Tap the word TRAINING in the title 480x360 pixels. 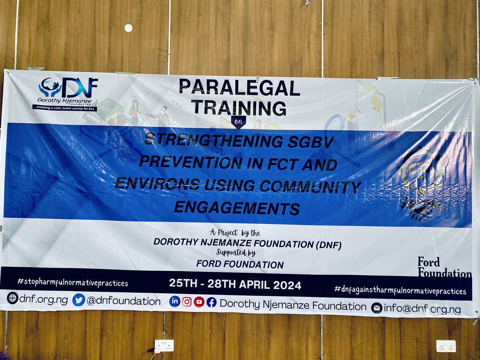[239, 108]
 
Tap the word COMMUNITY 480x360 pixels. [310, 187]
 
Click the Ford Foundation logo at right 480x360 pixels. [444, 268]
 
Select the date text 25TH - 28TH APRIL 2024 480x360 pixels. [235, 285]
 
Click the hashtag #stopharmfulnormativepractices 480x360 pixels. [72, 283]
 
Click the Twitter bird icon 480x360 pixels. [79, 300]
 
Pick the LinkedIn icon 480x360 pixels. [174, 301]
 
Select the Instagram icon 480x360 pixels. [187, 302]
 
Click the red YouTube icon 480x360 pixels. [199, 302]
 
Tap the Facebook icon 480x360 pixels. [212, 302]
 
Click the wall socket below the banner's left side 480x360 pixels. [164, 346]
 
